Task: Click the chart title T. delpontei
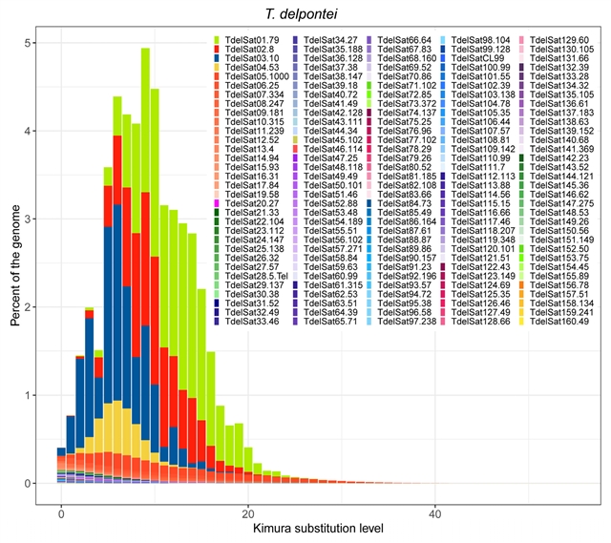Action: (x=305, y=12)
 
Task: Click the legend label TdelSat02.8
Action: (x=246, y=50)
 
